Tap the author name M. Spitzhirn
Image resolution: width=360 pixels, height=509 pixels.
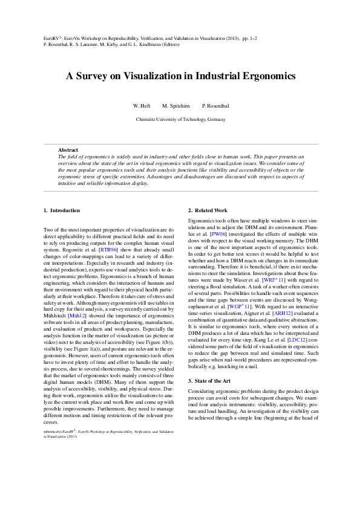pyautogui.click(x=176, y=106)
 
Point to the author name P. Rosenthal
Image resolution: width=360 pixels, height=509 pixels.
pyautogui.click(x=215, y=106)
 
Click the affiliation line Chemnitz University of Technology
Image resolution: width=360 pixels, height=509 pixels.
pyautogui.click(x=180, y=119)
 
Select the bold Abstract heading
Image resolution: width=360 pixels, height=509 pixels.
pyautogui.click(x=68, y=150)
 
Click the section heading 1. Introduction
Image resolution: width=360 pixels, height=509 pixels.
pyautogui.click(x=61, y=210)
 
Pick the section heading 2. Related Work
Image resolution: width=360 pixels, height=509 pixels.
pyautogui.click(x=208, y=210)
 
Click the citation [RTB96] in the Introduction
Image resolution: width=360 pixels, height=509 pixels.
pyautogui.click(x=108, y=249)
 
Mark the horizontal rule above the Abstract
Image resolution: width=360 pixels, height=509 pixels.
pyautogui.click(x=180, y=144)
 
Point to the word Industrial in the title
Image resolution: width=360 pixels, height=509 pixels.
pyautogui.click(x=211, y=77)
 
